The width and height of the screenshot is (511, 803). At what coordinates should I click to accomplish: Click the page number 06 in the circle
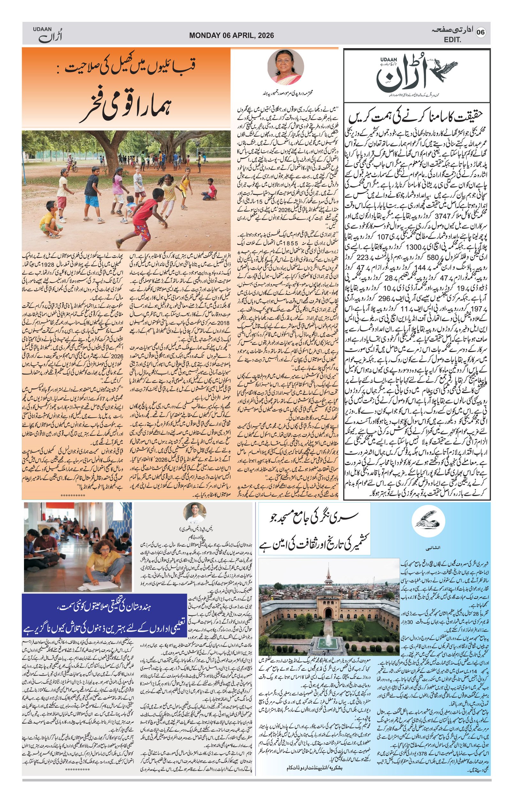pos(480,32)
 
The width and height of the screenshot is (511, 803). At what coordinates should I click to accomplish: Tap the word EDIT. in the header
pos(453,40)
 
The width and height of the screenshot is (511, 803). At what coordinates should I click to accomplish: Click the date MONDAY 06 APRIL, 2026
pos(231,35)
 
